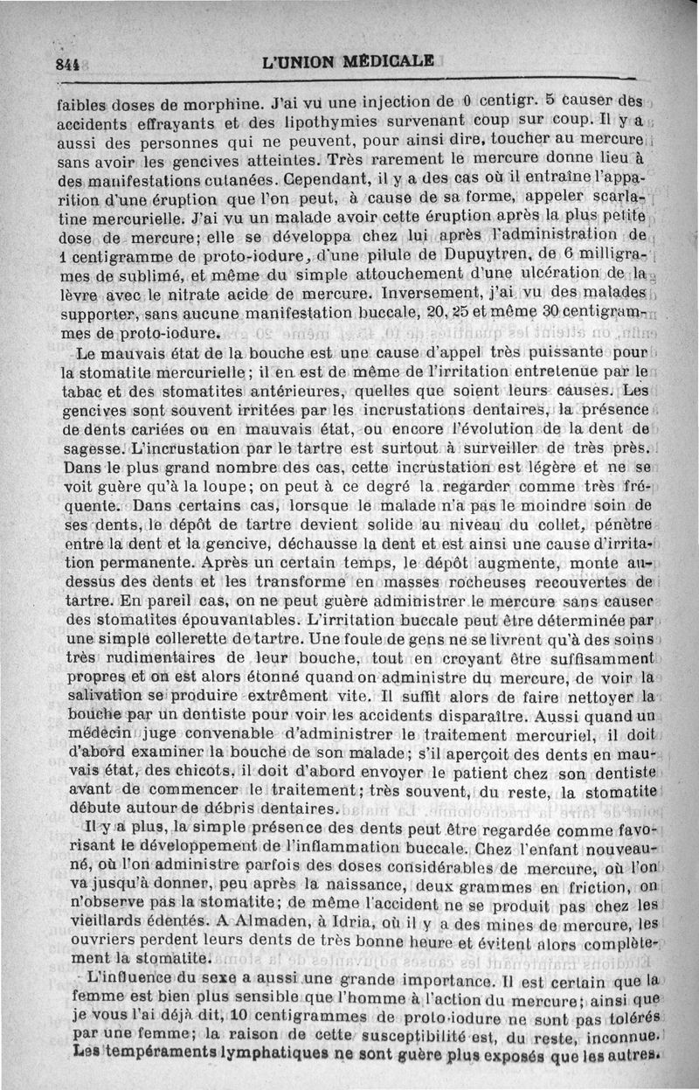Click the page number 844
(66, 63)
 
